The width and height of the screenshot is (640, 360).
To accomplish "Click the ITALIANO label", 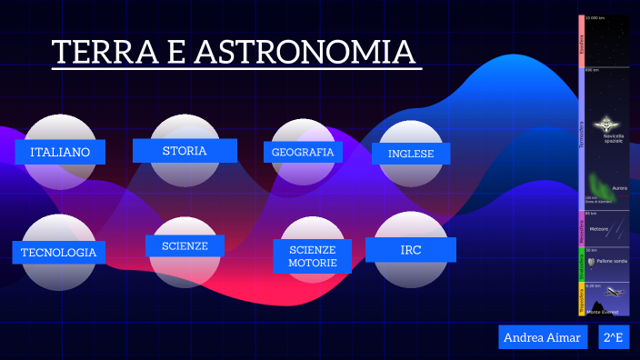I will pos(60,152).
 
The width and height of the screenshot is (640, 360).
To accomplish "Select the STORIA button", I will pos(185,150).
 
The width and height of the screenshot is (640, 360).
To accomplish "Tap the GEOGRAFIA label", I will pos(303,153).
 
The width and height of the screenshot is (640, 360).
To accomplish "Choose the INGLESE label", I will pos(411,154).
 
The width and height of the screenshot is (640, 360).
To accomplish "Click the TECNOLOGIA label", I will pos(58,252).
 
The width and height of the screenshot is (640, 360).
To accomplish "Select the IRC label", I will pos(411,249).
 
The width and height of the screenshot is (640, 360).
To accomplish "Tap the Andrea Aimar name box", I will pos(543,337).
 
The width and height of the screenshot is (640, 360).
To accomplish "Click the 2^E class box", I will pos(614,337).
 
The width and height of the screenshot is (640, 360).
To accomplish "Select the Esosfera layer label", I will pos(581,42).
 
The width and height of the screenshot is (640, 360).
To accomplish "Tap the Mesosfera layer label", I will pos(581,228).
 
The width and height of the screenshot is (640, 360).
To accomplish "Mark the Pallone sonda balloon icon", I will pos(592,262).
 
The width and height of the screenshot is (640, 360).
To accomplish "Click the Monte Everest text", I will pos(603,312).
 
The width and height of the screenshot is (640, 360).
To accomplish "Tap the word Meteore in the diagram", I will pos(599,229).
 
